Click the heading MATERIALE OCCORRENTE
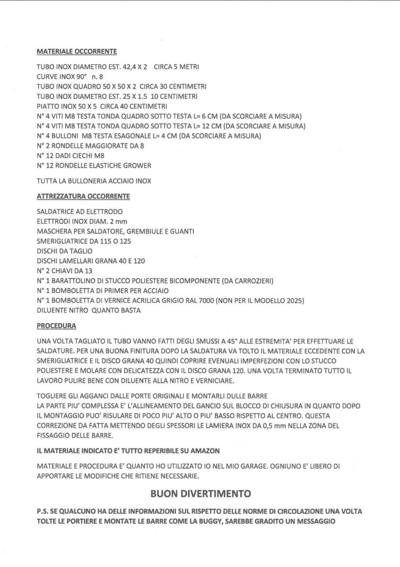coord(77,51)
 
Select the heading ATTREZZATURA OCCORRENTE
coord(83,196)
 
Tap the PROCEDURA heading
coord(56,326)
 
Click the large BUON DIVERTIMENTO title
coord(200,493)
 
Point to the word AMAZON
coord(205,451)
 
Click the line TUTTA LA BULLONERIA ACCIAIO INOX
coord(94,181)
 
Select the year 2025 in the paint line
coord(292,301)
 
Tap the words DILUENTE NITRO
coord(62,310)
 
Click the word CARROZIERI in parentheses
coord(252,281)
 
